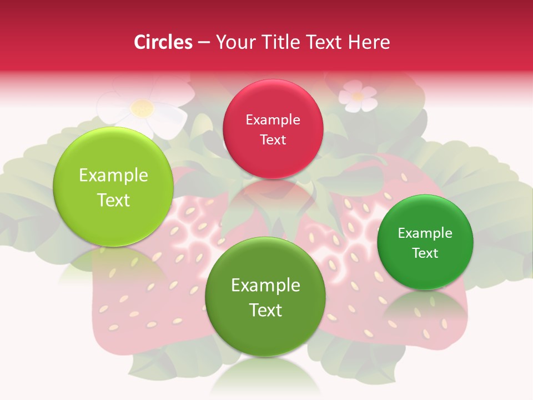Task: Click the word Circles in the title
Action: [163, 42]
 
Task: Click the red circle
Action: [273, 129]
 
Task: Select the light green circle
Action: [113, 187]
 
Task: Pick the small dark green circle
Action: [425, 242]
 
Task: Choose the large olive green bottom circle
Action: [265, 297]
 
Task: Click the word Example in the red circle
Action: [273, 119]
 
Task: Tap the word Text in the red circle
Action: [273, 139]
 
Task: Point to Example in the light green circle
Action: [113, 176]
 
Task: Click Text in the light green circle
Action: [113, 200]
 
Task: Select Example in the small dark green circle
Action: [425, 233]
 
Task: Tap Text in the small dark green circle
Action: [425, 253]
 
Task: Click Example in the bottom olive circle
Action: [265, 285]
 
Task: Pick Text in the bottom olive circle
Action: [265, 310]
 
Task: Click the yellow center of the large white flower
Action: [143, 108]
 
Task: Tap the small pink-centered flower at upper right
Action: [358, 96]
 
